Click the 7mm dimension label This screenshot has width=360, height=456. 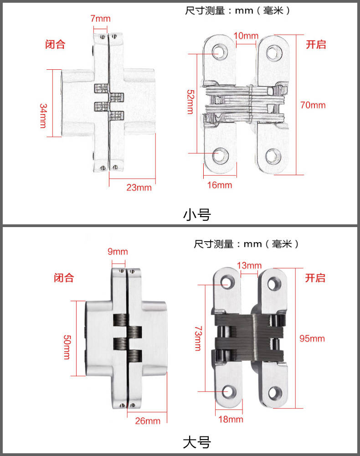coord(100,19)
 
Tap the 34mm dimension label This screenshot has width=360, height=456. coord(43,115)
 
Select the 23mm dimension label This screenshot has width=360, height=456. coord(139,187)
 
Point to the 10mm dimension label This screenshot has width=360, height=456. coord(246,36)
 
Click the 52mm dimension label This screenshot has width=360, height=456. coord(190,102)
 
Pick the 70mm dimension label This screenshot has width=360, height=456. coord(313,105)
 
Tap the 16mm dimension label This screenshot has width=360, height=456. coord(219,185)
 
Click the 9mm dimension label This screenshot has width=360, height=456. coord(118,252)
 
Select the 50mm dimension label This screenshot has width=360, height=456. coord(67,347)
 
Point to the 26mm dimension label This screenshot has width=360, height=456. coord(148,421)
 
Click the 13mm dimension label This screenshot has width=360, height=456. coord(249,265)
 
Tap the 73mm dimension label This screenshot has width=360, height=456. coord(198,338)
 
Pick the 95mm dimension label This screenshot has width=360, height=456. coord(312,338)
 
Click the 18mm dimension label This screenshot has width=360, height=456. coord(231,420)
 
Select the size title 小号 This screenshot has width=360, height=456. coord(197,215)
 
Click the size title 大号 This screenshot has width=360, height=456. coord(197,443)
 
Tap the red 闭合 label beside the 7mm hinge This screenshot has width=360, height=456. coord(55,45)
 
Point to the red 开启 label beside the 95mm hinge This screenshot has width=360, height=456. coord(315,278)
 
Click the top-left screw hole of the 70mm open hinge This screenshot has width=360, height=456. coord(219,52)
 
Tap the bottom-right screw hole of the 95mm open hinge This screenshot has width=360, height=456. coord(274,394)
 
